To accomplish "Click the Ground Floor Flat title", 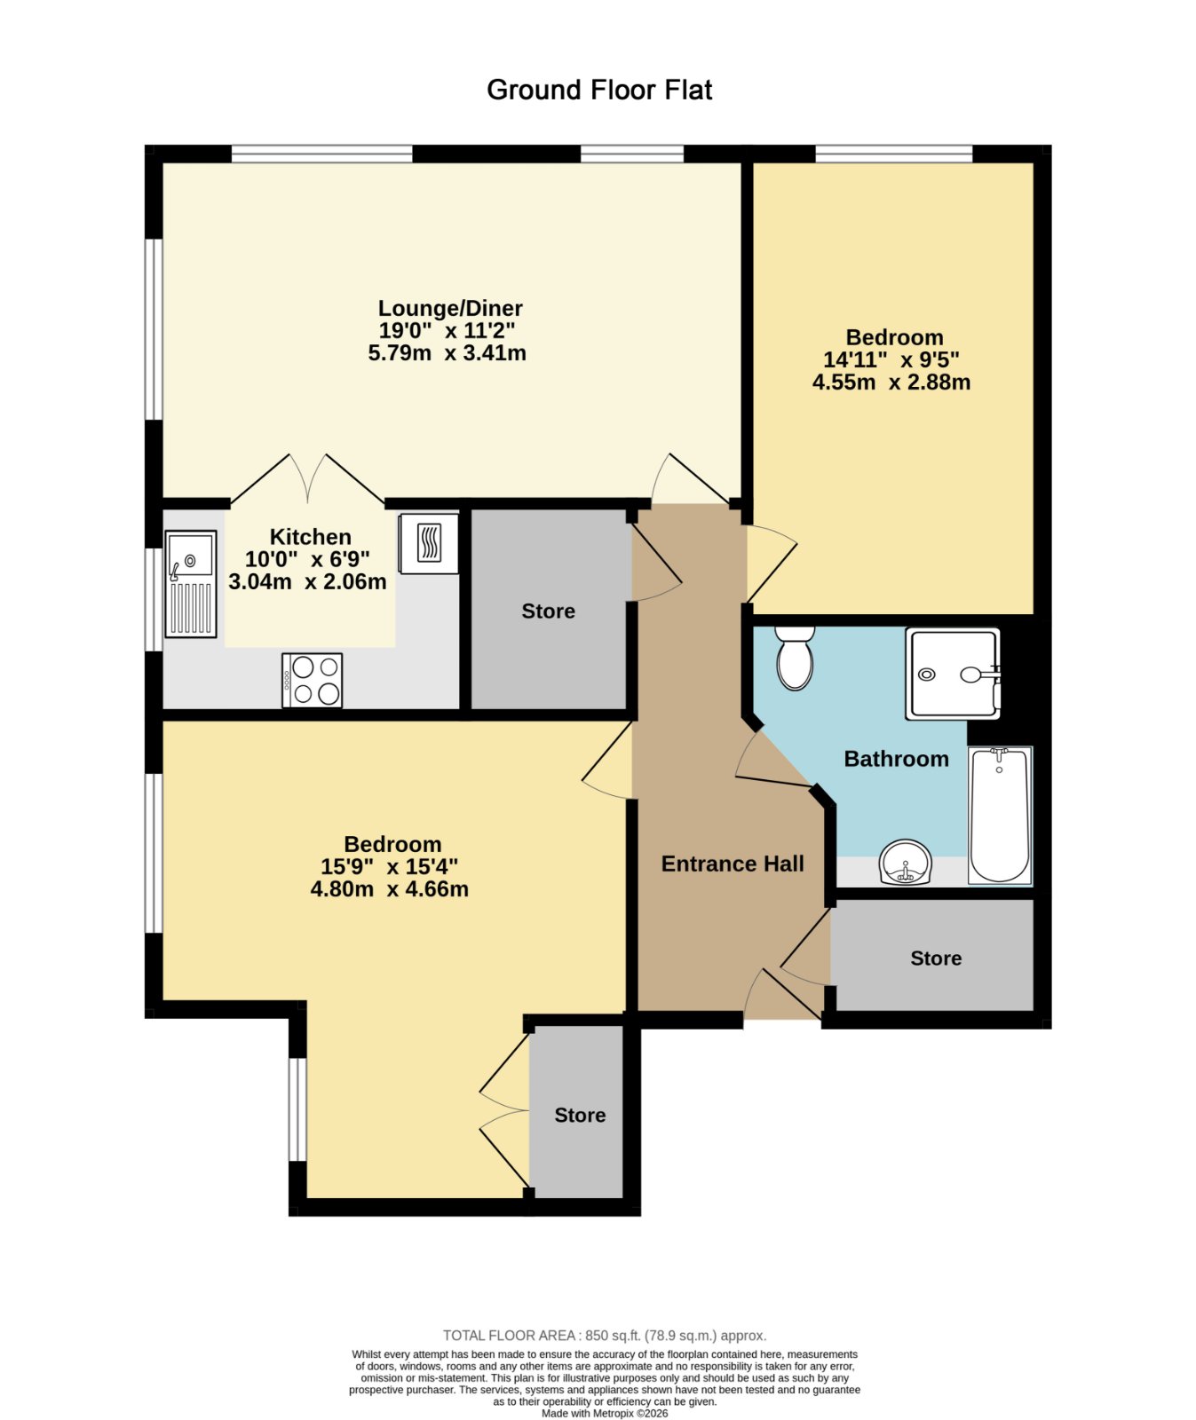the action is point(599,90).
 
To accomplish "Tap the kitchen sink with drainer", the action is point(190,584).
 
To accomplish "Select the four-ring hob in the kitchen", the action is point(312,681).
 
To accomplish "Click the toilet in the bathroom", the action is point(795,658).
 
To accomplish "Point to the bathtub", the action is point(1000,816).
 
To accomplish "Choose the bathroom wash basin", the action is point(905,864).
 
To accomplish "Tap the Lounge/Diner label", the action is point(450,308).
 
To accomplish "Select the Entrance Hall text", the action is point(733,864).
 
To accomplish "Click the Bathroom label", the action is point(896,759).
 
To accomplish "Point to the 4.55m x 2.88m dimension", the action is point(891,383).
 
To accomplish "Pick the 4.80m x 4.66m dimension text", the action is point(390,889).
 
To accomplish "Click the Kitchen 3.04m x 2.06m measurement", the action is point(308,582).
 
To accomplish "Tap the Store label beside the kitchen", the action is point(548,611).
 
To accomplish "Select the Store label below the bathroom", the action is point(936,958).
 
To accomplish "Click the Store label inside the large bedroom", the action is point(580,1116).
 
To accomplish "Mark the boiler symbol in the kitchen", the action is point(429,544).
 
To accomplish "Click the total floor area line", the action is point(604,1336).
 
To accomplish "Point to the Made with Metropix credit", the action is point(605,1414).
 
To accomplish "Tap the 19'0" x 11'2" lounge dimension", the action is point(448,331).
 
